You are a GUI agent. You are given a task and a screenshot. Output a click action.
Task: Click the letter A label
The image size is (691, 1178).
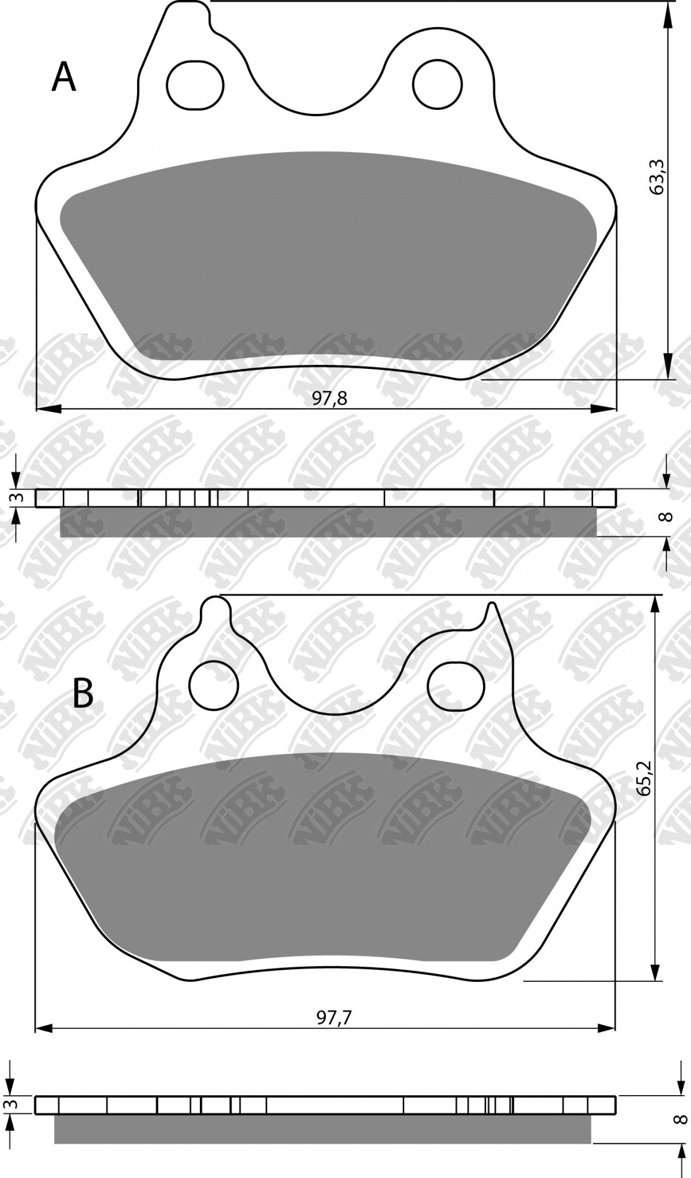[64, 78]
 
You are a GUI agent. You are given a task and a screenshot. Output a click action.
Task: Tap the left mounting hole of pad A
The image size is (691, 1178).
[195, 85]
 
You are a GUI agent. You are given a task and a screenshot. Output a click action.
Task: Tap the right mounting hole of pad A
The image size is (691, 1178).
[438, 83]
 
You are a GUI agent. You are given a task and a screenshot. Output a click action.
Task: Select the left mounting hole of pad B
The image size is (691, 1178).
[214, 685]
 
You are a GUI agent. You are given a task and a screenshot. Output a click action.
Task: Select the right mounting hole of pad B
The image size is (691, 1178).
[454, 685]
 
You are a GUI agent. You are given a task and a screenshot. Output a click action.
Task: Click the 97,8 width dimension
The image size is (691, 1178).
[330, 398]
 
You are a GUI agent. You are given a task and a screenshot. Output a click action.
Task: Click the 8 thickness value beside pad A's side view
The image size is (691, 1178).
[667, 515]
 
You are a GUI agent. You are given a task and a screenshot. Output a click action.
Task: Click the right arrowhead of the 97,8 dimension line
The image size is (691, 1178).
[605, 409]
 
